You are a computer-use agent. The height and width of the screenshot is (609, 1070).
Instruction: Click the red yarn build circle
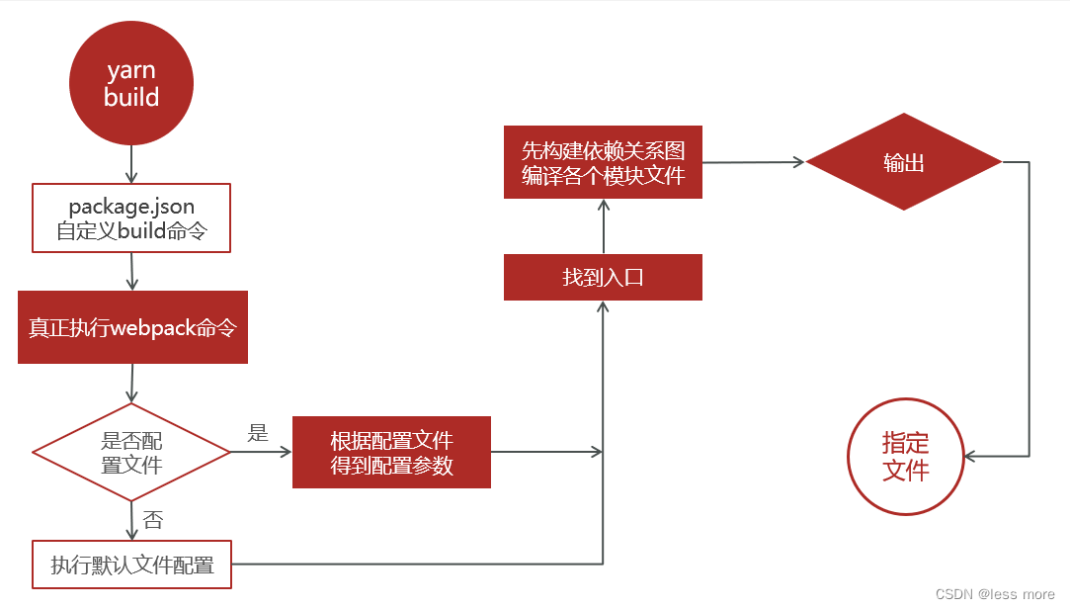tap(130, 84)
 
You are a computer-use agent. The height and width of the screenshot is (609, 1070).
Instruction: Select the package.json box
tap(131, 219)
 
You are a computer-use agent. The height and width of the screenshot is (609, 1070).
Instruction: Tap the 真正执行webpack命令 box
tap(132, 327)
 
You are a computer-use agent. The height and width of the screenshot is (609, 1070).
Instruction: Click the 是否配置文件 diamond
tap(131, 452)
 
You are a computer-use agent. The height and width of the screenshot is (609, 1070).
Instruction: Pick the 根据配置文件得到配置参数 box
tap(391, 452)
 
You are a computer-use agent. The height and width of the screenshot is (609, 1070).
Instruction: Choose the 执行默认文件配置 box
tap(131, 565)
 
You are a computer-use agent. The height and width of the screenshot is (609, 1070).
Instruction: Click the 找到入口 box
tap(603, 277)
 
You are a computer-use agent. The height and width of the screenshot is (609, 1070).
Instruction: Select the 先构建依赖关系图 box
tap(603, 162)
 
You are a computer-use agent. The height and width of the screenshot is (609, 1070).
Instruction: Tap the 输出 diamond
tap(903, 162)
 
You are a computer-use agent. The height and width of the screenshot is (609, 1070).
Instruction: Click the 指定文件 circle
tap(905, 458)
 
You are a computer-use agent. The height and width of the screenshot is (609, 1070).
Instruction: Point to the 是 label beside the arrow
tap(258, 432)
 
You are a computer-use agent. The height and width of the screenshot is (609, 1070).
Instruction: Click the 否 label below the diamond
tap(153, 520)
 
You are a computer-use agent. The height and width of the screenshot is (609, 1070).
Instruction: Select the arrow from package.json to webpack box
tap(131, 272)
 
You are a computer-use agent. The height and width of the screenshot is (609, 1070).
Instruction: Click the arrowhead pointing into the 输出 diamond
tap(798, 162)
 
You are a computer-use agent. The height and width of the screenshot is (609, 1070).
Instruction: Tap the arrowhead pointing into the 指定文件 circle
tap(971, 456)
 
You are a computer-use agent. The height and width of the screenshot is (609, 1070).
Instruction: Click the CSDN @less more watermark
tap(994, 593)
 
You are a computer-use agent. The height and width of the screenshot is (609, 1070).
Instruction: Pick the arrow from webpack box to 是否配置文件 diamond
tap(131, 384)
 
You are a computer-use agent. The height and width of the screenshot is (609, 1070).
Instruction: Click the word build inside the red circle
tap(130, 97)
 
